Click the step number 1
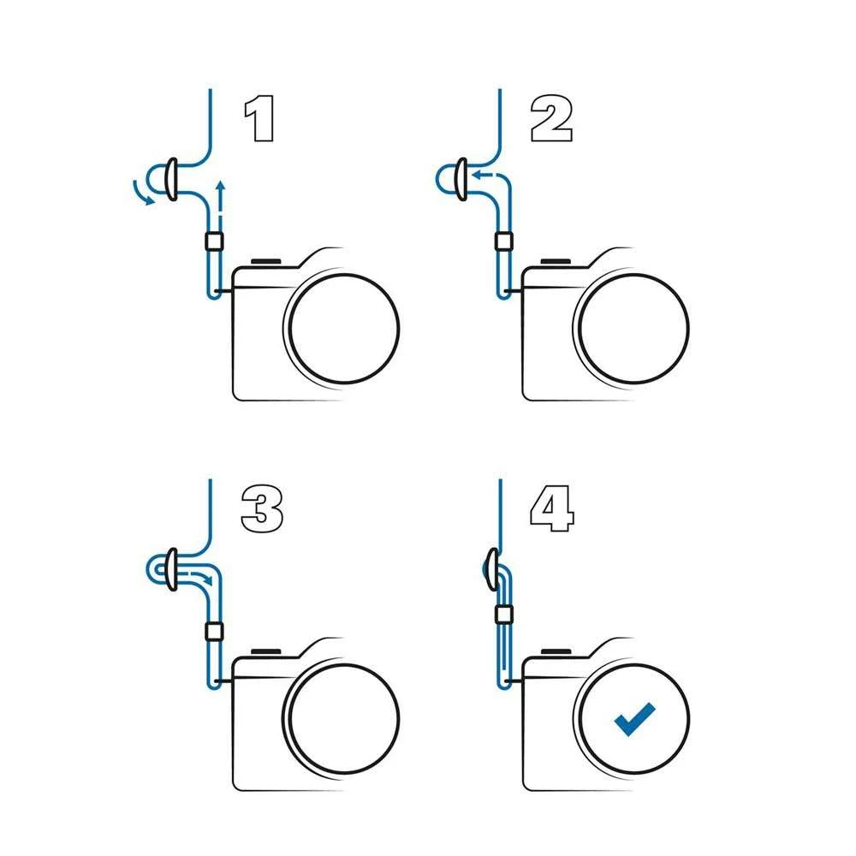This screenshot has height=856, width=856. click(259, 119)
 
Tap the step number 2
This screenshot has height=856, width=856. click(551, 119)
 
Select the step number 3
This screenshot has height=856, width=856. click(262, 508)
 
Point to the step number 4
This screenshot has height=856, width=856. click(552, 508)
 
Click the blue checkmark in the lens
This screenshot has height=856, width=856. click(634, 719)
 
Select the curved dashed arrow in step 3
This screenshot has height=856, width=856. click(199, 578)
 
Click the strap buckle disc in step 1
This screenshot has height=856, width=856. click(171, 180)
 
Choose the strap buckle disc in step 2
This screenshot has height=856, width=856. click(461, 180)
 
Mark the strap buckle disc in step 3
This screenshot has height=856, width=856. click(172, 569)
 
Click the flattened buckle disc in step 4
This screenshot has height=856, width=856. click(492, 569)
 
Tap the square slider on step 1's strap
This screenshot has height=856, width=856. click(215, 241)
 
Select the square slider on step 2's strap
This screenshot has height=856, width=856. click(504, 241)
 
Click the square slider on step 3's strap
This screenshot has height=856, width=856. click(215, 632)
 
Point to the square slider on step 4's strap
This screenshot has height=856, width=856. click(504, 615)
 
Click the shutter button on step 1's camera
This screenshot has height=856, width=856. click(266, 262)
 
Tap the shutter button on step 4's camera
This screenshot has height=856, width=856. click(556, 651)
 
